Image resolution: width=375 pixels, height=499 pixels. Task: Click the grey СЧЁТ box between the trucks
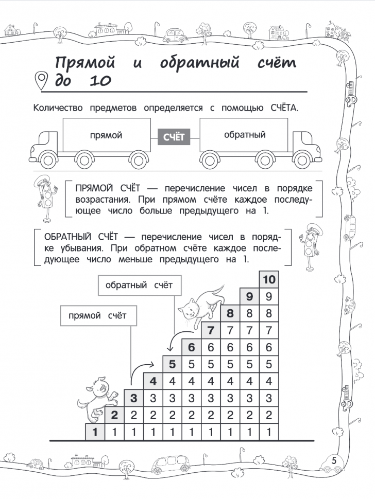pos(174,137)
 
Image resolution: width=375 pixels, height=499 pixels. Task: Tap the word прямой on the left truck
pos(106,135)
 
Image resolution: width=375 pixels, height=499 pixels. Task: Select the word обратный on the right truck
pos(245,135)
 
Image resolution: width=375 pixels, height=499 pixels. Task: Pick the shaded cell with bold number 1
pos(95,432)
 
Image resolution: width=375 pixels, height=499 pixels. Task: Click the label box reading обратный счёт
pos(139,285)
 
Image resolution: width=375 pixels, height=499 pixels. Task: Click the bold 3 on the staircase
pos(134,398)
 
